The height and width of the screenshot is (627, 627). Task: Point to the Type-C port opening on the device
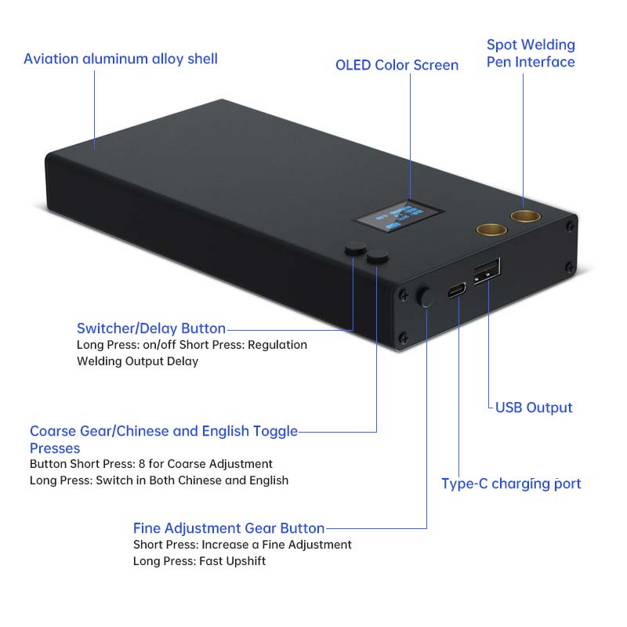coord(456,290)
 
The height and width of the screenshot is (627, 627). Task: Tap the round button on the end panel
coord(427,297)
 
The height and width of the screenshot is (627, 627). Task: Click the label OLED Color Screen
coord(397,65)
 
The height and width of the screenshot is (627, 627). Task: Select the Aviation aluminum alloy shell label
coord(121,59)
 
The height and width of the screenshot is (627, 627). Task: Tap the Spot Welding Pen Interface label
coord(531,53)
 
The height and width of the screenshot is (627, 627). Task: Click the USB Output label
coord(534,408)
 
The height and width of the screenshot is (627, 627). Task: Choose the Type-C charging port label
coord(511,484)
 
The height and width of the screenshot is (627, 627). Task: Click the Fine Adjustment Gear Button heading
coord(229,528)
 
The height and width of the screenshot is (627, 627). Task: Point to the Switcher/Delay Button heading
coord(151,328)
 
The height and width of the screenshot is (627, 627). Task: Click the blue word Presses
coord(55,448)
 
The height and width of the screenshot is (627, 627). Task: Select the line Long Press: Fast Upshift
coord(199,561)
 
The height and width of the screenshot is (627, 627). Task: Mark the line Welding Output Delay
coord(137,361)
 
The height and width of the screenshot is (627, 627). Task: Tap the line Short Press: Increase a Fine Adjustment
coord(242,545)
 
